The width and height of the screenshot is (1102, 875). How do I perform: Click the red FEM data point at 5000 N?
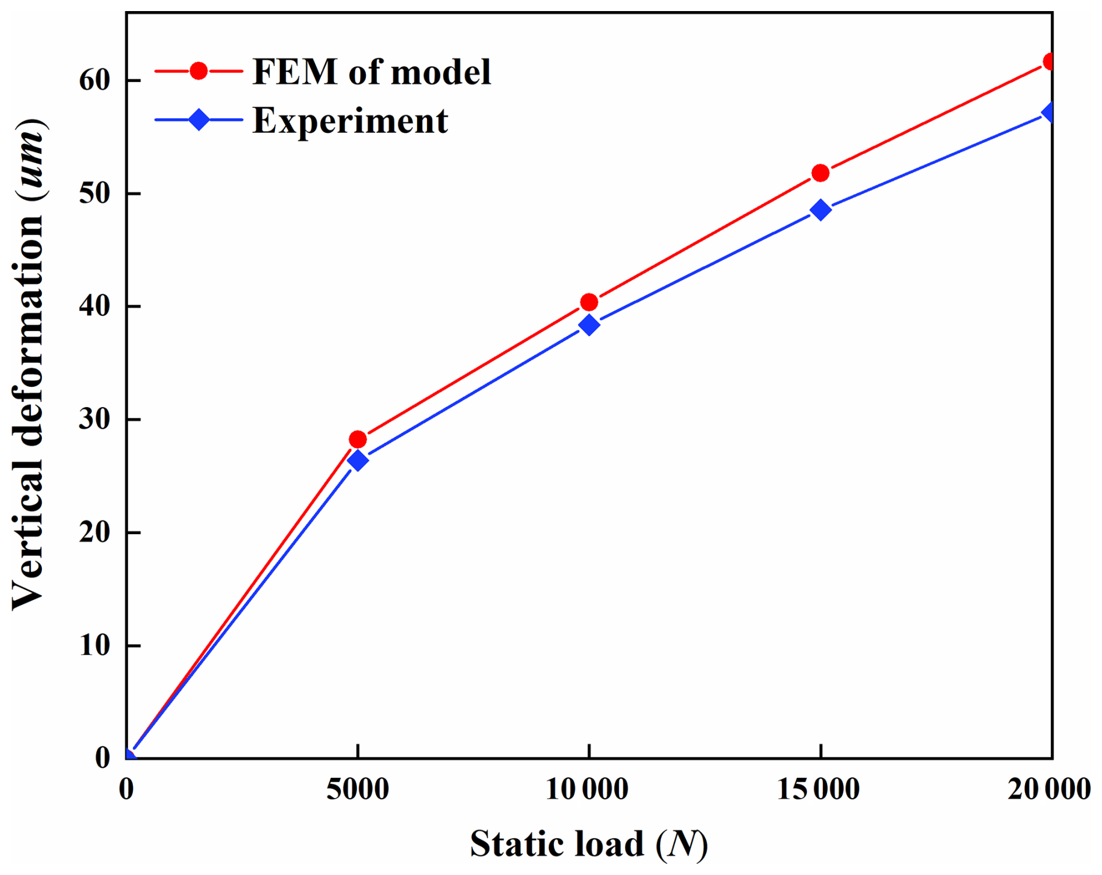coord(358,439)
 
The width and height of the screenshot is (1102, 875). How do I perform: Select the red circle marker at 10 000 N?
coord(589,302)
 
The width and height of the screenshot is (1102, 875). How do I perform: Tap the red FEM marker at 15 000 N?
coord(820,173)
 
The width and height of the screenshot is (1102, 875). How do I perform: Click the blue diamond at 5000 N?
coord(358,460)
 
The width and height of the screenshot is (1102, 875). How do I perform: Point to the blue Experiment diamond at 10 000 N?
coord(589,324)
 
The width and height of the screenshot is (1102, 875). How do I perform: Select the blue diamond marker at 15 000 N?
coord(820,210)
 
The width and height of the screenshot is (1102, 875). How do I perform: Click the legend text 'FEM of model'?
coord(372,72)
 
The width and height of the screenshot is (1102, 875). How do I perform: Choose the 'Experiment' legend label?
coord(350,121)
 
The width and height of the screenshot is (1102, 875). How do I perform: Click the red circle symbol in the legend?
coord(199,71)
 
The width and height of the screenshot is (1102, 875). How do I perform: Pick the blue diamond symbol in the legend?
coord(199,119)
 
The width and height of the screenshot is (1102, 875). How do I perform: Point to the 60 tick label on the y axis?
coord(94,80)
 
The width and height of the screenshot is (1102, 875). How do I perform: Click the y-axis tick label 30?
coord(94,419)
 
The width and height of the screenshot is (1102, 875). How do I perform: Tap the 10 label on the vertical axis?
coord(94,645)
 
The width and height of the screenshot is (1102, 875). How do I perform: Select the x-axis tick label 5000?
coord(358,790)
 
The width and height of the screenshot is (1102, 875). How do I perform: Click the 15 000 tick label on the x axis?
coord(818,790)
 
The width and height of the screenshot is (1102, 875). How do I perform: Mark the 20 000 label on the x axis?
coord(1048,790)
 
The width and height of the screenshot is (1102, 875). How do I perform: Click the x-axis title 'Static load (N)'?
coord(589,844)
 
